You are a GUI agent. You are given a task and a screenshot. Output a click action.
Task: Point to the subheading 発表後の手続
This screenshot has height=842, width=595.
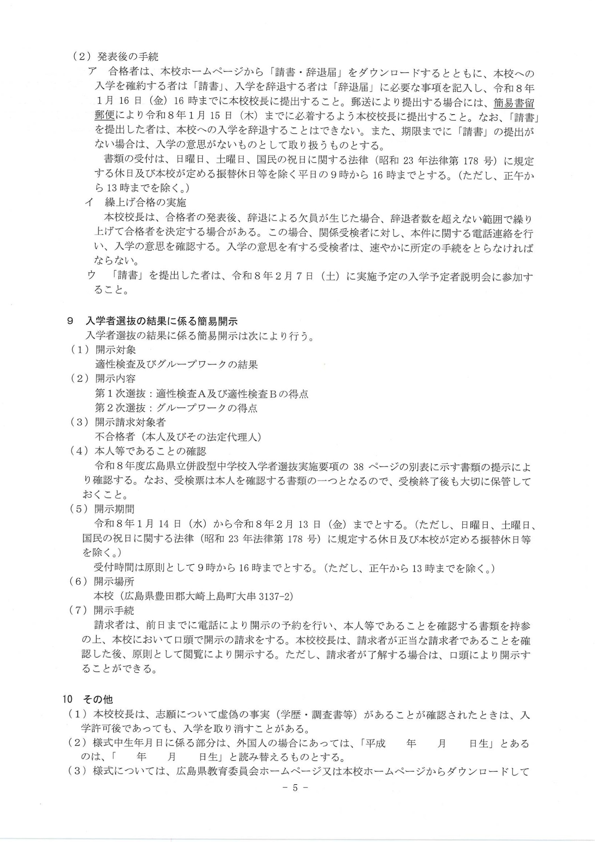click(x=128, y=57)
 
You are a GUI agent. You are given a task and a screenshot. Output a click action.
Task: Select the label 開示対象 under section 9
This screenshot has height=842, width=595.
click(x=116, y=350)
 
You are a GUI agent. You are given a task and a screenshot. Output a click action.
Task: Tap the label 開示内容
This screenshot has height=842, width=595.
click(x=116, y=378)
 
